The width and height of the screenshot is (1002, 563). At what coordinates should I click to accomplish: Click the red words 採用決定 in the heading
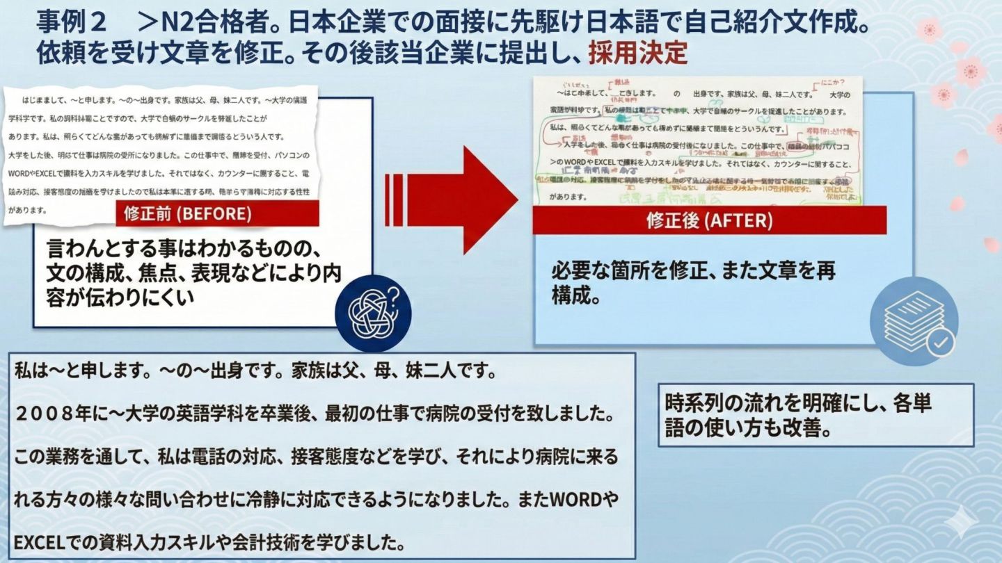point(637,52)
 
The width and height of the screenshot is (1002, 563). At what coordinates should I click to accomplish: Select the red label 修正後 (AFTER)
point(709,220)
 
